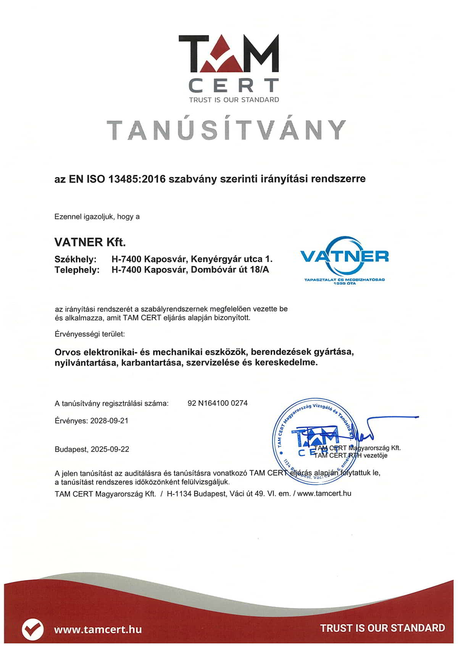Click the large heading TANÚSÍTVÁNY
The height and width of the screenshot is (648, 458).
click(227, 130)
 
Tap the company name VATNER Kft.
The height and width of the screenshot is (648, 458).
click(90, 242)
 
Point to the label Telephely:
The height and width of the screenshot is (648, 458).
click(77, 270)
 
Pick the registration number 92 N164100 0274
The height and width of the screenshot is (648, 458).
click(218, 403)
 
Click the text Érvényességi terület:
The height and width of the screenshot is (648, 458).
click(90, 334)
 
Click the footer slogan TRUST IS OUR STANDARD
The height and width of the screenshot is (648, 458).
click(382, 628)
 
